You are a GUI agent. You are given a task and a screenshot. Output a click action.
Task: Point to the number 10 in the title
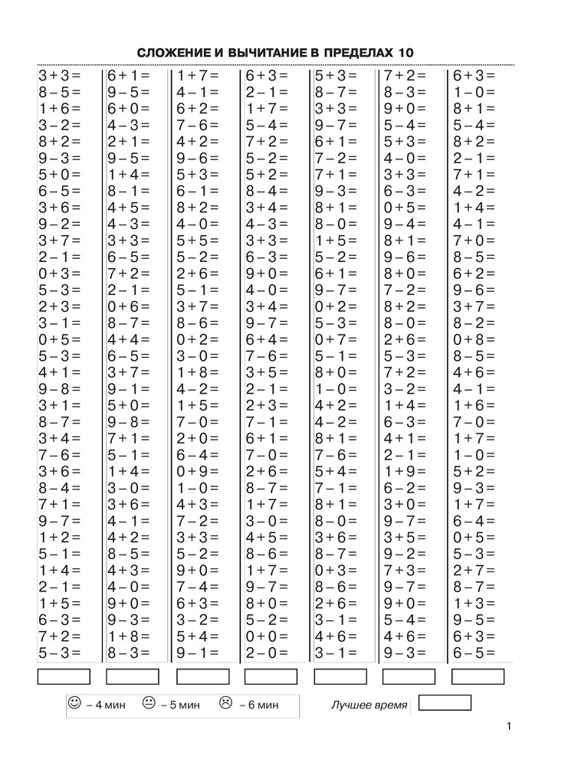point(405,53)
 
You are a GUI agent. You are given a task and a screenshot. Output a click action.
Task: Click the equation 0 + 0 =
point(266,636)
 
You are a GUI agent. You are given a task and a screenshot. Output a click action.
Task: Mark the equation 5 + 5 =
point(197,241)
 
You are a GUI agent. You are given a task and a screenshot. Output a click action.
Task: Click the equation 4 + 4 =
point(128,339)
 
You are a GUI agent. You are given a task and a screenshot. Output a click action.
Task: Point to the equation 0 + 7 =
point(335,339)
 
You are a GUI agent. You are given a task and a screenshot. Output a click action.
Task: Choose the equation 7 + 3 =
point(404,570)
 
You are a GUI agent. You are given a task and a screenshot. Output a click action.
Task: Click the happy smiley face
point(74,702)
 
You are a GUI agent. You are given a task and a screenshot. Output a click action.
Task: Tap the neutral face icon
point(149,702)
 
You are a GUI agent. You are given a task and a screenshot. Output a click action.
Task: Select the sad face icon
point(225,702)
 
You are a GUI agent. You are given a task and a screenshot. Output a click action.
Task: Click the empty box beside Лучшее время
point(445,703)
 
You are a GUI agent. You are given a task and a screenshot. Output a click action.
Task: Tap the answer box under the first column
point(63,676)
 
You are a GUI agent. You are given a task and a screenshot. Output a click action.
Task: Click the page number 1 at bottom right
point(509,727)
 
